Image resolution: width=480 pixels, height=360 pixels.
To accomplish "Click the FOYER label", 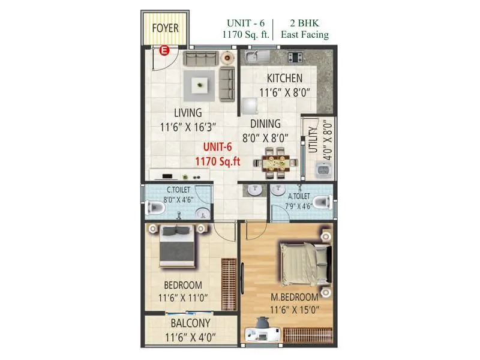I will coord(166,28).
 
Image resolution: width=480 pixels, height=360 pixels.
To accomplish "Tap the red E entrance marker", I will coord(163,52).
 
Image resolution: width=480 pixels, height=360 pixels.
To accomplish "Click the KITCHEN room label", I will coord(284,79).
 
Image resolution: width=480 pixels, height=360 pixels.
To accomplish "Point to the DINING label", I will coord(265,124).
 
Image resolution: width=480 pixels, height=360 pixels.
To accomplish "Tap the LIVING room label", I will coord(188,113).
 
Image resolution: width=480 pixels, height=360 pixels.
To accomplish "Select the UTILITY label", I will coord(312,140).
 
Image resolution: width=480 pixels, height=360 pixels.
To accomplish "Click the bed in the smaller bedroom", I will coord(177,247).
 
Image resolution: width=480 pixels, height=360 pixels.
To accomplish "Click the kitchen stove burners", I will coord(295,57).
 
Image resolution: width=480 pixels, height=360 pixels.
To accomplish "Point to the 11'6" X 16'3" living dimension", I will coord(187,127).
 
